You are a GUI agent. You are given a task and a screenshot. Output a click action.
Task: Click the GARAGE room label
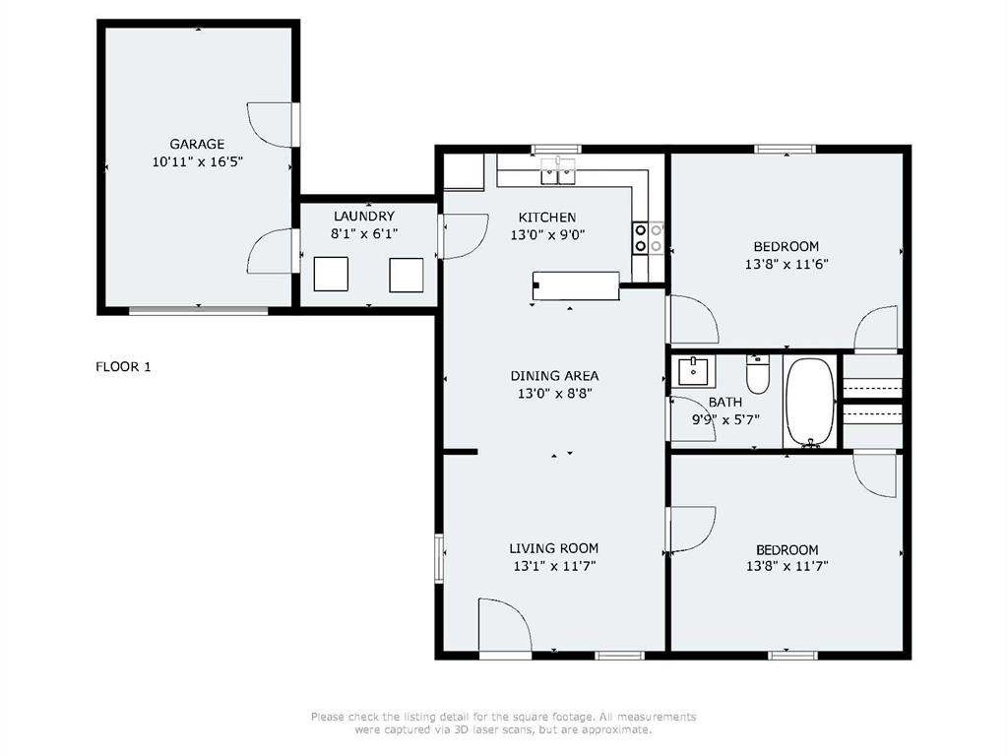click(197, 144)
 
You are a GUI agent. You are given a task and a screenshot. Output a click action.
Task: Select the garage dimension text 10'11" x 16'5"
click(197, 162)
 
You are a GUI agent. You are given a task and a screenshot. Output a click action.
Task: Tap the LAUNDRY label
click(363, 217)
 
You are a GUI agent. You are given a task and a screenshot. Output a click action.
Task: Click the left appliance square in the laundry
click(331, 274)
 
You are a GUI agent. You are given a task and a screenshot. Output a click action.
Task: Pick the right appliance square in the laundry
click(406, 274)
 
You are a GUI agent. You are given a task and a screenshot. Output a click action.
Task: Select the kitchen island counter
click(577, 285)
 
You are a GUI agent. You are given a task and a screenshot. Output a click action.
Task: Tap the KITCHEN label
click(547, 218)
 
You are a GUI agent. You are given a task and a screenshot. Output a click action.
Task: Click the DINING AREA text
click(554, 376)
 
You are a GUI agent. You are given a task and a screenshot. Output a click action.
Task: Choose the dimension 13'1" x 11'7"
click(554, 566)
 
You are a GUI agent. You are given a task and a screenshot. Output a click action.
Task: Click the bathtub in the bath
click(810, 403)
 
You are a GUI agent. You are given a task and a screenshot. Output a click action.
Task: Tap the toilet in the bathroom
click(757, 375)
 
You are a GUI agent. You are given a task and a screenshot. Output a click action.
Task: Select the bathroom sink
click(694, 372)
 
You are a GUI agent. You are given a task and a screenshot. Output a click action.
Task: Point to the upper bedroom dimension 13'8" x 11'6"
click(786, 264)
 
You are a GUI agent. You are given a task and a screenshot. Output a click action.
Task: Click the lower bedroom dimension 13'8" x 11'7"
click(786, 567)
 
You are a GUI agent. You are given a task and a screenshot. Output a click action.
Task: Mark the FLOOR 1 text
click(123, 367)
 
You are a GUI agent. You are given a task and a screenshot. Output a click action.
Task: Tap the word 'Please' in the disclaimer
click(328, 717)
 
